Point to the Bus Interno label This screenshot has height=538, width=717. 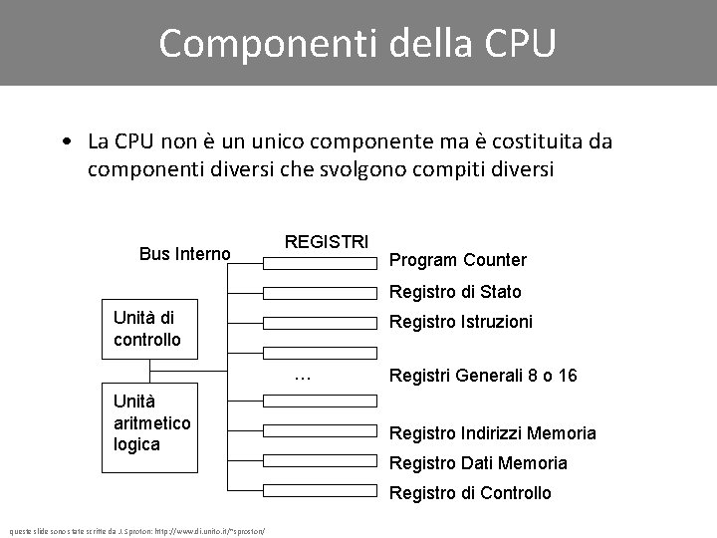pyautogui.click(x=185, y=254)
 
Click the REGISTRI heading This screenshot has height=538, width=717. pyautogui.click(x=327, y=242)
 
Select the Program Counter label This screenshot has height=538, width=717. pyautogui.click(x=457, y=260)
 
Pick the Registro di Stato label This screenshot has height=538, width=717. pyautogui.click(x=454, y=292)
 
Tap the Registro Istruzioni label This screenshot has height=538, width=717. pyautogui.click(x=460, y=322)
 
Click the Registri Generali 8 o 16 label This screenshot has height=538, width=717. pyautogui.click(x=483, y=376)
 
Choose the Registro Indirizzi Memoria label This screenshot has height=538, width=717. pyautogui.click(x=492, y=432)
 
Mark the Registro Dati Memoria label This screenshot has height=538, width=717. pyautogui.click(x=478, y=462)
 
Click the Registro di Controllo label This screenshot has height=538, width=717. pyautogui.click(x=469, y=492)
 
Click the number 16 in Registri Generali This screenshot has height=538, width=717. pyautogui.click(x=568, y=376)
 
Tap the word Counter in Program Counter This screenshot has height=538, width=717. pyautogui.click(x=493, y=260)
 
